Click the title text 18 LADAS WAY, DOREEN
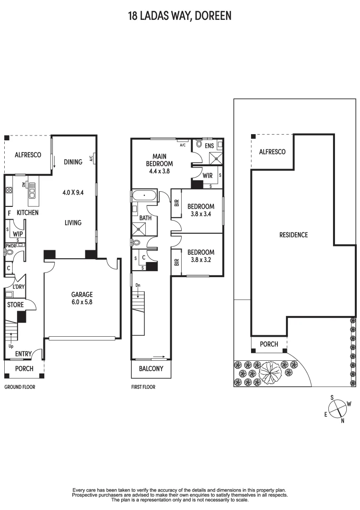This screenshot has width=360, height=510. [180, 16]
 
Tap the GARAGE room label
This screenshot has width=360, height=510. [82, 294]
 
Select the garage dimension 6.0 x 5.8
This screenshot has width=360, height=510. [82, 302]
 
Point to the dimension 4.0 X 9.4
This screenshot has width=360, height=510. [73, 192]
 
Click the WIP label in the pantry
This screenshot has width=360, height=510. [18, 234]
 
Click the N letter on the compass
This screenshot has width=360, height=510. [343, 421]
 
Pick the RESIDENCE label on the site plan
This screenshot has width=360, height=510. [293, 235]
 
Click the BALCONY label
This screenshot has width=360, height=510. [151, 368]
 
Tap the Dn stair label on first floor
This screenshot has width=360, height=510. [138, 285]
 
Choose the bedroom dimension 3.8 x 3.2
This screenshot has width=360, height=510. [201, 260]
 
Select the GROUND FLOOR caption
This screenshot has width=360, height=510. [20, 387]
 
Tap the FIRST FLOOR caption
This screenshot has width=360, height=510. [143, 387]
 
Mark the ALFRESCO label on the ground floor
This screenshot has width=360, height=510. [28, 154]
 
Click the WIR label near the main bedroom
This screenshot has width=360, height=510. [208, 176]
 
